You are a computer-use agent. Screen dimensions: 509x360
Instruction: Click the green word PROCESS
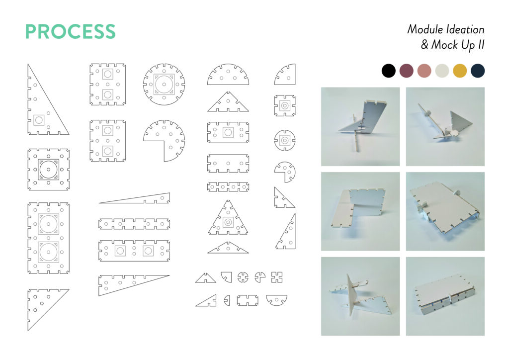point(71,31)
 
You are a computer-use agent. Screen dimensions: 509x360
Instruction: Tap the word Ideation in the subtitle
point(465,29)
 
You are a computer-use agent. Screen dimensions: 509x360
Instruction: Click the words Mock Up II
point(458,45)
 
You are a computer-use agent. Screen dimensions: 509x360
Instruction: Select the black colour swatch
point(389,71)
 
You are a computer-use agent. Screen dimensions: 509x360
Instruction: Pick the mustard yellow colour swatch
point(460,71)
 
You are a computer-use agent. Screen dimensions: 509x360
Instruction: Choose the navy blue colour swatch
point(478,71)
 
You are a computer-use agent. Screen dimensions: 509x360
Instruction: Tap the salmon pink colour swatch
point(424,71)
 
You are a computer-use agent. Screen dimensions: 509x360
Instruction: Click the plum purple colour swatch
point(407,71)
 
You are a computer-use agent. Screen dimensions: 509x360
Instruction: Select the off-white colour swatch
point(442,71)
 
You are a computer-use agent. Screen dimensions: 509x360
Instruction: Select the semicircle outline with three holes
point(228,84)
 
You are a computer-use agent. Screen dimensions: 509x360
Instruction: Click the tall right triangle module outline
point(28,99)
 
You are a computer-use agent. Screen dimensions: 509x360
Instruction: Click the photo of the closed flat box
point(445,296)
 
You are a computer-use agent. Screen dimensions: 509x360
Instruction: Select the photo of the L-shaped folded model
point(360,211)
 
